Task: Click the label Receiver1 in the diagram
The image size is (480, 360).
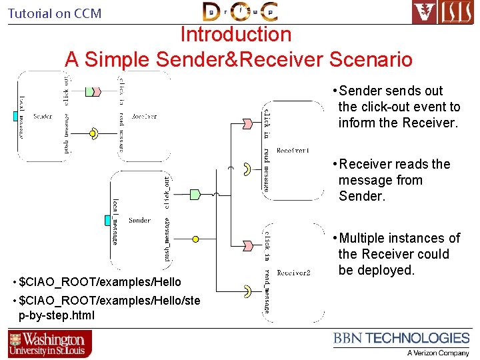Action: coord(293,151)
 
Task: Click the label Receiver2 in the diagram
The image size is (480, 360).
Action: coord(293,272)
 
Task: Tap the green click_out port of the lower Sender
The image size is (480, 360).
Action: coord(195,194)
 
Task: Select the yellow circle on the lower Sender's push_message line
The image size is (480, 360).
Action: coord(195,239)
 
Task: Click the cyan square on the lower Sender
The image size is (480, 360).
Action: coord(108,220)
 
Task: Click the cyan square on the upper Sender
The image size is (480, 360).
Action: coord(15,116)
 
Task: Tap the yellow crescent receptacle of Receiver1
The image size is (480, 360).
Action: coord(246,168)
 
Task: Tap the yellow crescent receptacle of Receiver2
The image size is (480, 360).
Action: coord(247,290)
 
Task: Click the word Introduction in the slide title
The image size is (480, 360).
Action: coord(236,35)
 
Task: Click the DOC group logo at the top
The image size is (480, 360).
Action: coord(241,11)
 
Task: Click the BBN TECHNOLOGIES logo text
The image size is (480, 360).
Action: coord(401,339)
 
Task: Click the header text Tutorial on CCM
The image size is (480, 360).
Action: coord(55,13)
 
